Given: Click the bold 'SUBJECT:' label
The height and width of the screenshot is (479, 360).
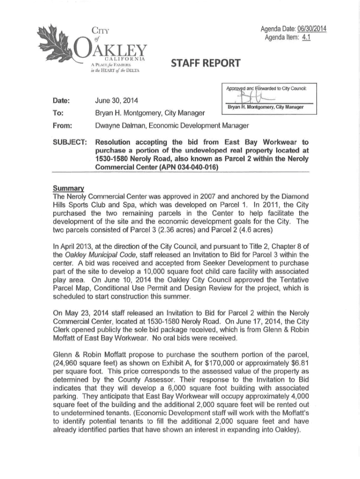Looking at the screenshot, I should click(68, 142).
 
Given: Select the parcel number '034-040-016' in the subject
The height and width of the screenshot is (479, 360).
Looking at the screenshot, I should click(197, 167).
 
